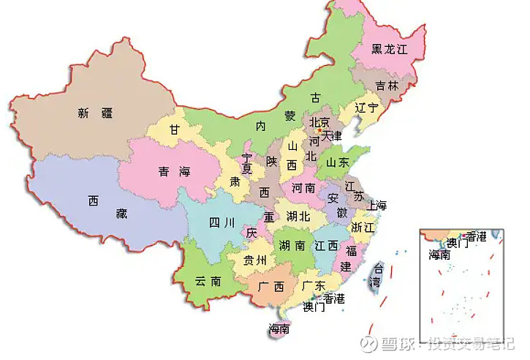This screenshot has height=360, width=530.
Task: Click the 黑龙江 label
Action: point(388,49)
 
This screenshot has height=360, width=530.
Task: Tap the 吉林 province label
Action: point(387,86)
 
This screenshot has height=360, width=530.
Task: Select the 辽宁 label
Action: point(366,108)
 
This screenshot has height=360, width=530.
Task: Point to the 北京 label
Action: point(319,122)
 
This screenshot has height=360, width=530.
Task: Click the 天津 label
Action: point(331,135)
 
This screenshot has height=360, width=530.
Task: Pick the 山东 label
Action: point(337,162)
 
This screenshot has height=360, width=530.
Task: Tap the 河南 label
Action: point(303,188)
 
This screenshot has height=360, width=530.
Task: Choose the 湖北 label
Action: point(298,217)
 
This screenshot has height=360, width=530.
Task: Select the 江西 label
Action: point(325,247)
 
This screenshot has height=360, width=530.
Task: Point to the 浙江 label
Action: point(362,228)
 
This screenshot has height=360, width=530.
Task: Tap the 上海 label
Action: point(378,205)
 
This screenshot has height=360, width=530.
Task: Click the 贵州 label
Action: point(255,260)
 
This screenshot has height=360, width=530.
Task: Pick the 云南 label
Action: point(207,281)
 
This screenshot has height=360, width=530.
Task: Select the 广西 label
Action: point(271,286)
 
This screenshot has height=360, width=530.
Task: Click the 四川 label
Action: point(222,223)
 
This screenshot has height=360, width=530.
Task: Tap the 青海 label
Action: point(174,172)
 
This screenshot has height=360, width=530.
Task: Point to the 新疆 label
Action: point(95,113)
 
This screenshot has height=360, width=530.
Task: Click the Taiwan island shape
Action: point(377,277)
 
